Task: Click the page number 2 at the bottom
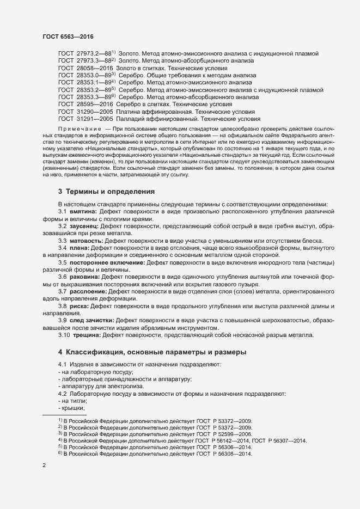(44, 467)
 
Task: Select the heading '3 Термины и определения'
(106, 192)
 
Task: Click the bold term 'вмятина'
(83, 211)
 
